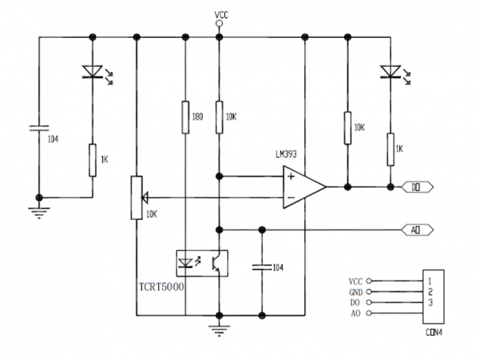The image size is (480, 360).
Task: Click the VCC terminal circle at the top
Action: pyautogui.click(x=219, y=23)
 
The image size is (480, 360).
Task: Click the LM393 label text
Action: pyautogui.click(x=286, y=154)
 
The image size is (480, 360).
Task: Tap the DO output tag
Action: pyautogui.click(x=417, y=187)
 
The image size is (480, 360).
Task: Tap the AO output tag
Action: pyautogui.click(x=417, y=228)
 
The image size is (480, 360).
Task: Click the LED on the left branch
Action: pyautogui.click(x=93, y=73)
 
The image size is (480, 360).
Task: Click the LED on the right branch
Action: pyautogui.click(x=389, y=72)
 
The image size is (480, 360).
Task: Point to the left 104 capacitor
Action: pyautogui.click(x=39, y=130)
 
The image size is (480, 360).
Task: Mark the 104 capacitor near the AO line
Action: pyautogui.click(x=262, y=267)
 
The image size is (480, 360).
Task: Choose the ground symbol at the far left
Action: pyautogui.click(x=39, y=212)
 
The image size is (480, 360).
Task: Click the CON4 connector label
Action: pyautogui.click(x=435, y=332)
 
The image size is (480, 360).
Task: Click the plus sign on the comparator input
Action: pyautogui.click(x=291, y=176)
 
